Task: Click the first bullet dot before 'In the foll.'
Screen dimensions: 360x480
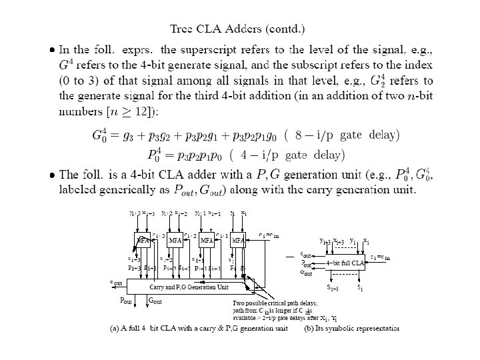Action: pyautogui.click(x=54, y=49)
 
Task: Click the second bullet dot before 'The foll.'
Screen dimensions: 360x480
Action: pyautogui.click(x=54, y=175)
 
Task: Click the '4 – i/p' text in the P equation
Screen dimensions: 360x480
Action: pyautogui.click(x=259, y=156)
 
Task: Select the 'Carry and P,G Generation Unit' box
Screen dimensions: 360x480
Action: pyautogui.click(x=189, y=287)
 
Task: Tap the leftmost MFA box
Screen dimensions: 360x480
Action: pyautogui.click(x=143, y=239)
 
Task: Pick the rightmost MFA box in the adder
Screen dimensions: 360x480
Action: pyautogui.click(x=239, y=239)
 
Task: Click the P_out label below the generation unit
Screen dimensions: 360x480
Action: pyautogui.click(x=125, y=301)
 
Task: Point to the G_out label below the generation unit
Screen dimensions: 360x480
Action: pyautogui.click(x=155, y=301)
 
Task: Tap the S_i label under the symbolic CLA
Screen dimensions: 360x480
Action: pyautogui.click(x=360, y=287)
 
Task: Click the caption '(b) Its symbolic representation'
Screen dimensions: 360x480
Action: pyautogui.click(x=351, y=328)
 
